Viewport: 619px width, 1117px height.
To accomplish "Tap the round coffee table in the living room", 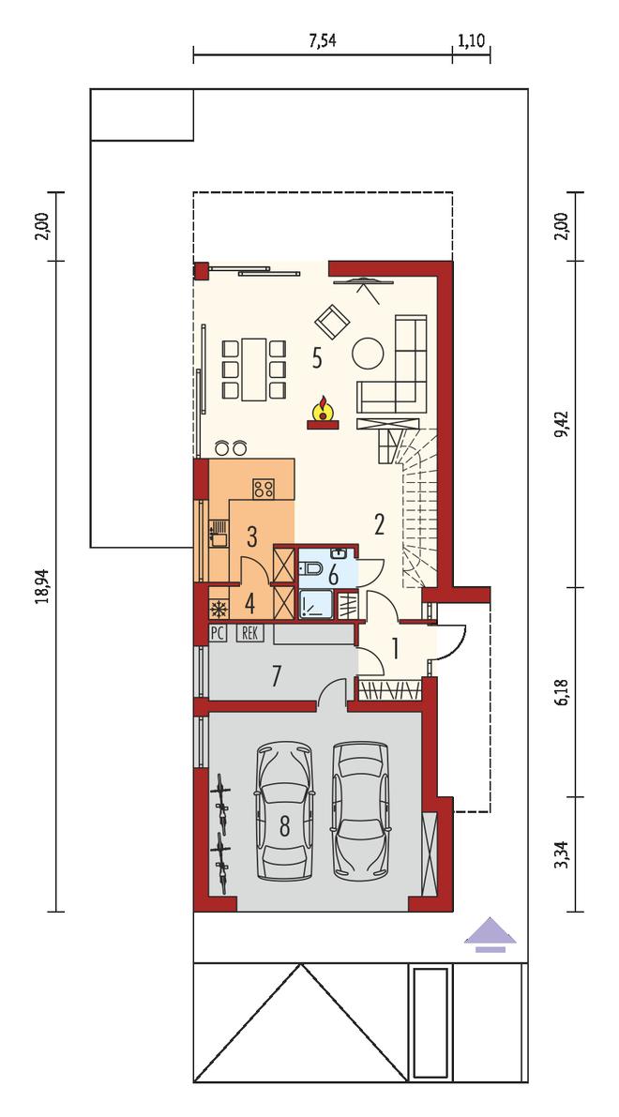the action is [368, 353].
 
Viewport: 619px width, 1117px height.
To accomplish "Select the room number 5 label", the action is [316, 357].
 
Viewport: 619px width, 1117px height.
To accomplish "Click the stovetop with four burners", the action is [264, 488].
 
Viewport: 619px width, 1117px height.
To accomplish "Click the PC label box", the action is [218, 632].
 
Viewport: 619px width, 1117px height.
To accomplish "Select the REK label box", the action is [249, 632].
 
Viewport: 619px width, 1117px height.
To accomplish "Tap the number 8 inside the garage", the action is [285, 826].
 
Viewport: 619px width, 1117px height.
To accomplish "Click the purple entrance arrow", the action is [490, 934].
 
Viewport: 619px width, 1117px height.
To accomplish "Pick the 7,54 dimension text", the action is [322, 40].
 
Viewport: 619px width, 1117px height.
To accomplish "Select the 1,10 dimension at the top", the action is [471, 40].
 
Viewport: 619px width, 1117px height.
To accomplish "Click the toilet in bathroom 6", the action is [311, 567].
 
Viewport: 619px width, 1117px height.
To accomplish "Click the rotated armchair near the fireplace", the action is [333, 322].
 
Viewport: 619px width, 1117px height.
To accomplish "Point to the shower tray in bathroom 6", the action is [314, 604].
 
